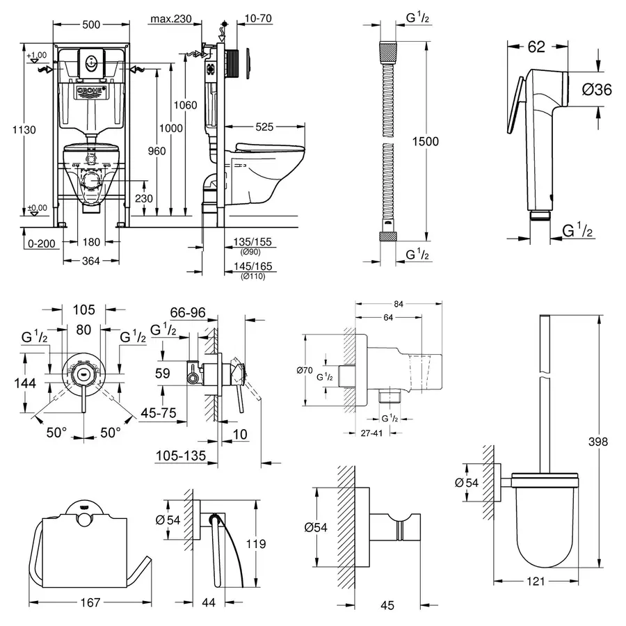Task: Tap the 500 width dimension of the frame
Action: click(x=90, y=24)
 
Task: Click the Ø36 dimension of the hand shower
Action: click(x=596, y=89)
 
